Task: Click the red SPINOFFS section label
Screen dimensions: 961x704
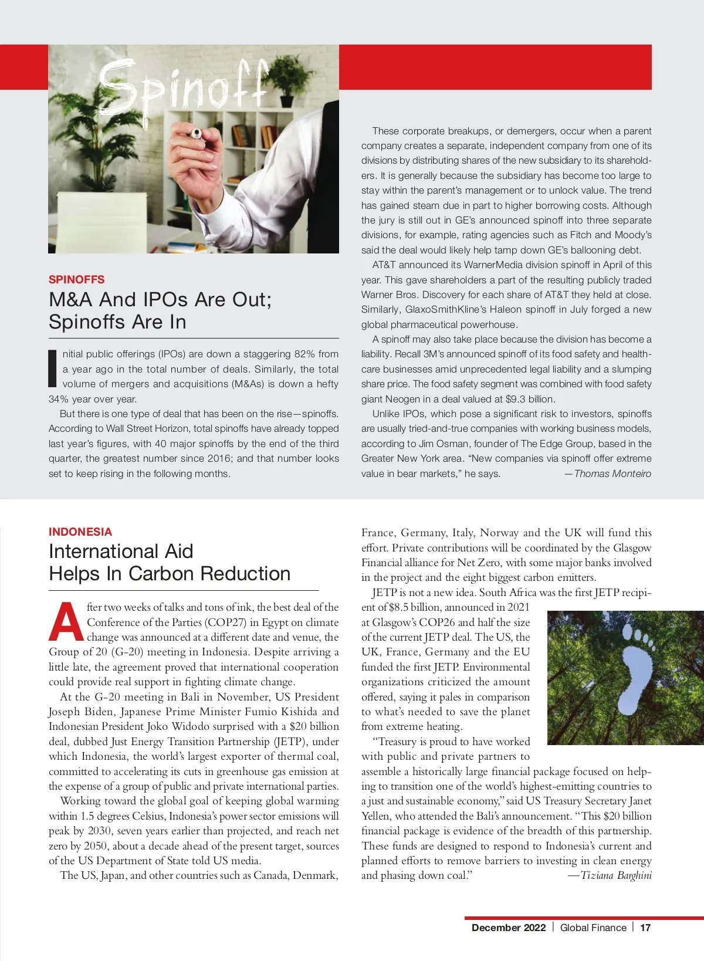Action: click(76, 279)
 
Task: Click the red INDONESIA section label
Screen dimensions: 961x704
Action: click(80, 532)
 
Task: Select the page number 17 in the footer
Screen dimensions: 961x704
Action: click(645, 928)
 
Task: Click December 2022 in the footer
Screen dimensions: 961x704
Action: click(508, 928)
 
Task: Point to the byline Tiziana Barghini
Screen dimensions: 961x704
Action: click(615, 875)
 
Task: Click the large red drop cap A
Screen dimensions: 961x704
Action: click(66, 622)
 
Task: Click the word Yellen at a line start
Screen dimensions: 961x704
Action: click(376, 816)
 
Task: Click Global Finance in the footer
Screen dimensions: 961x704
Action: click(593, 928)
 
